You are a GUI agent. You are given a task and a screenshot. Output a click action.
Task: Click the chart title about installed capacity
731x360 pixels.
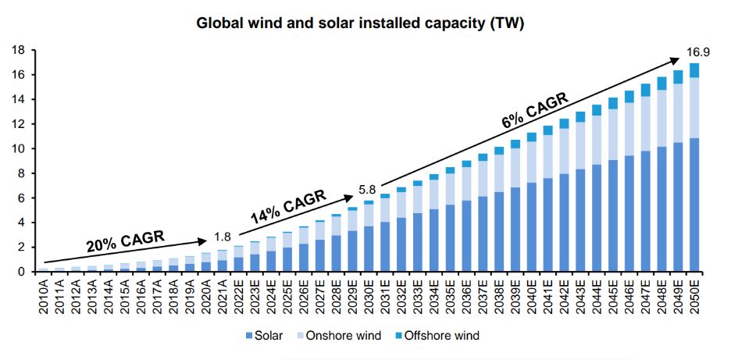tap(360, 23)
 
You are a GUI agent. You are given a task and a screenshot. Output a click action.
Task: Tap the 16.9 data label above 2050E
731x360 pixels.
tap(697, 52)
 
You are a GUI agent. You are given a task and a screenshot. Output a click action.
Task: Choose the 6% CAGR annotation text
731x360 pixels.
tap(533, 111)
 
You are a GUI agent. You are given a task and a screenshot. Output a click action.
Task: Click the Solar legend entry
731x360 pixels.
tap(266, 336)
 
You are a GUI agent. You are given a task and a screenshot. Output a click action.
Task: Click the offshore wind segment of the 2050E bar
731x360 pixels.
tap(694, 70)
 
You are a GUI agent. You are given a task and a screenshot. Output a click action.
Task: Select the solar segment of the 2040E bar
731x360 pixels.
tap(531, 226)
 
